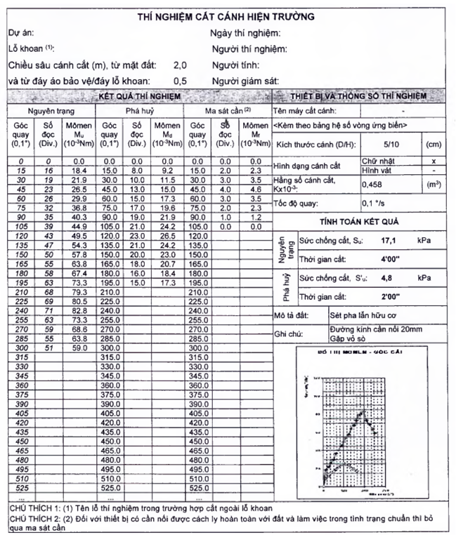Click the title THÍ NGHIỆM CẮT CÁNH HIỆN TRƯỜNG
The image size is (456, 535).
(226, 15)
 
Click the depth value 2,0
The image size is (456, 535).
(180, 65)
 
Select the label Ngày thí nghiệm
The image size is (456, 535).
(246, 33)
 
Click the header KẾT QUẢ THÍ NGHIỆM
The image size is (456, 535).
(141, 96)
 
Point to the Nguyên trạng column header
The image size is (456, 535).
(51, 111)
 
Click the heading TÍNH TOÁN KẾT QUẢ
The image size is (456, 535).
(358, 221)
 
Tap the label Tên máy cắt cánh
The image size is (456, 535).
(304, 111)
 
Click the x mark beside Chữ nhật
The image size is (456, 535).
(433, 161)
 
